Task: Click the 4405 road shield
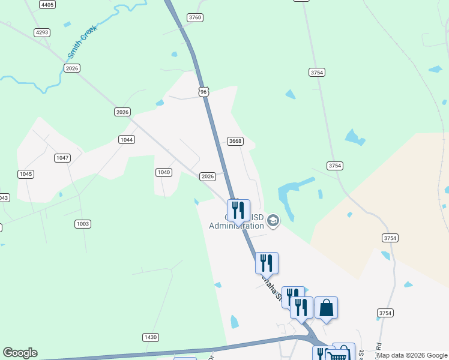coord(47,5)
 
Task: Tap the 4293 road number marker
coord(42,32)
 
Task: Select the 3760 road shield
coord(194,17)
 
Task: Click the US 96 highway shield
coord(203,91)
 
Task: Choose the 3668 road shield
coord(235,141)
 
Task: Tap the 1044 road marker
coord(126,139)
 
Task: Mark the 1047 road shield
coord(62,158)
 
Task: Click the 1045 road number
coord(25,174)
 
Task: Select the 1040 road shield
coord(164,172)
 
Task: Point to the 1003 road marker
coord(83,224)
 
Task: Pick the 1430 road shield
coord(151,337)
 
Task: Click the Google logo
coord(20,353)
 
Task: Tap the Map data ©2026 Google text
coord(412,355)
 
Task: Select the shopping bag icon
coord(326,307)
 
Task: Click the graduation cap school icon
coord(273,221)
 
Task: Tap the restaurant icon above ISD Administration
coord(238,211)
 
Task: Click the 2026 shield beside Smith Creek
coord(73,68)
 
